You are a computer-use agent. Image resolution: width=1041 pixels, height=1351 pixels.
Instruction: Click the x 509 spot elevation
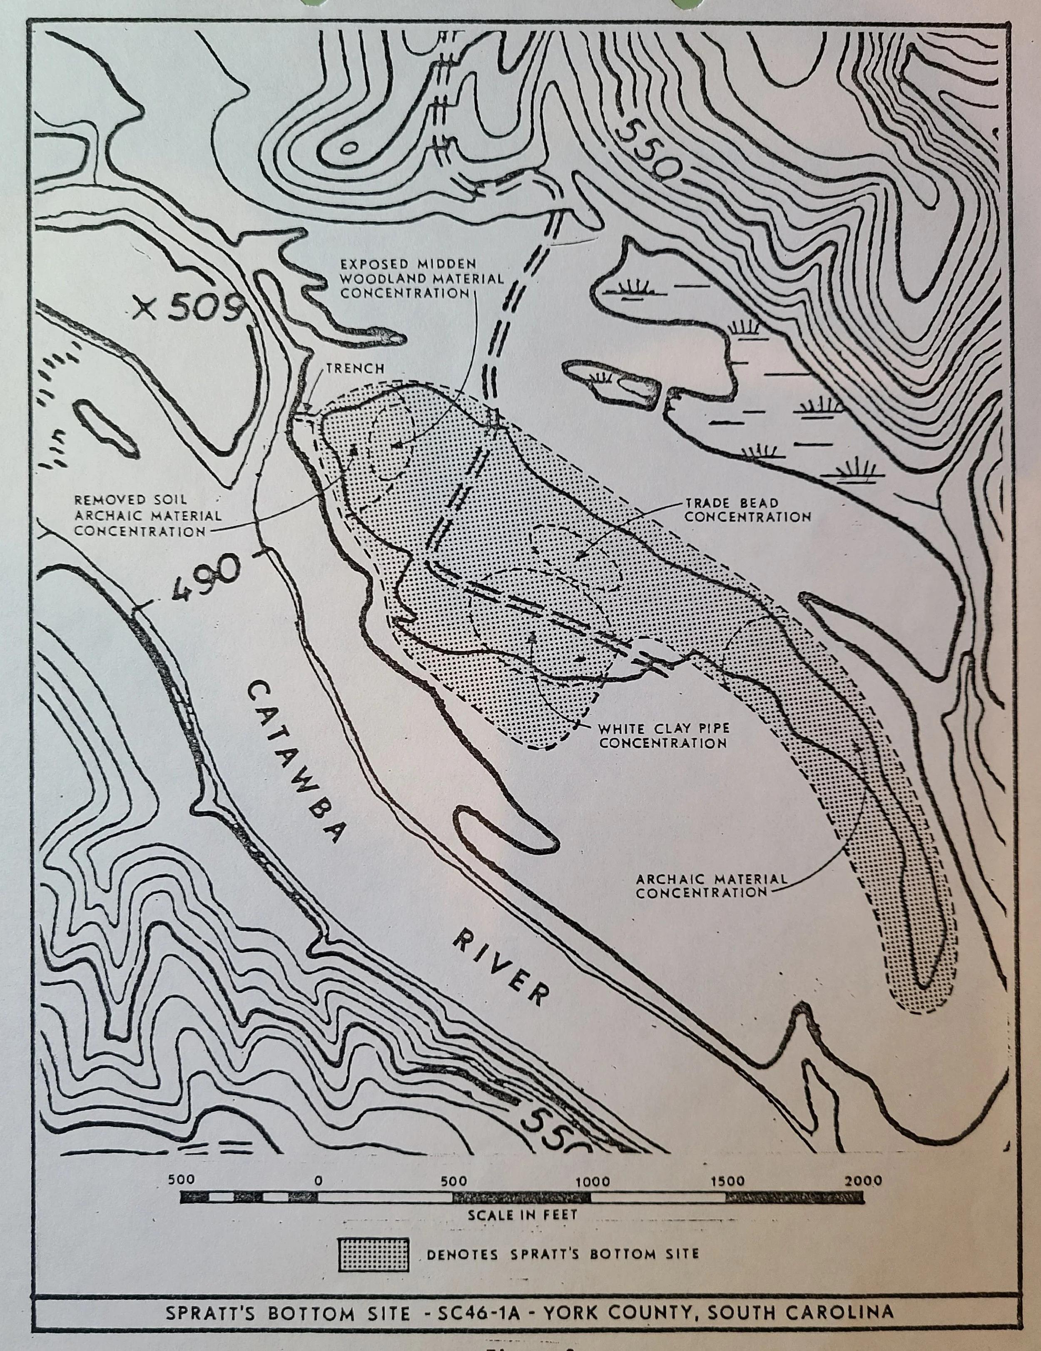pos(189,308)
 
